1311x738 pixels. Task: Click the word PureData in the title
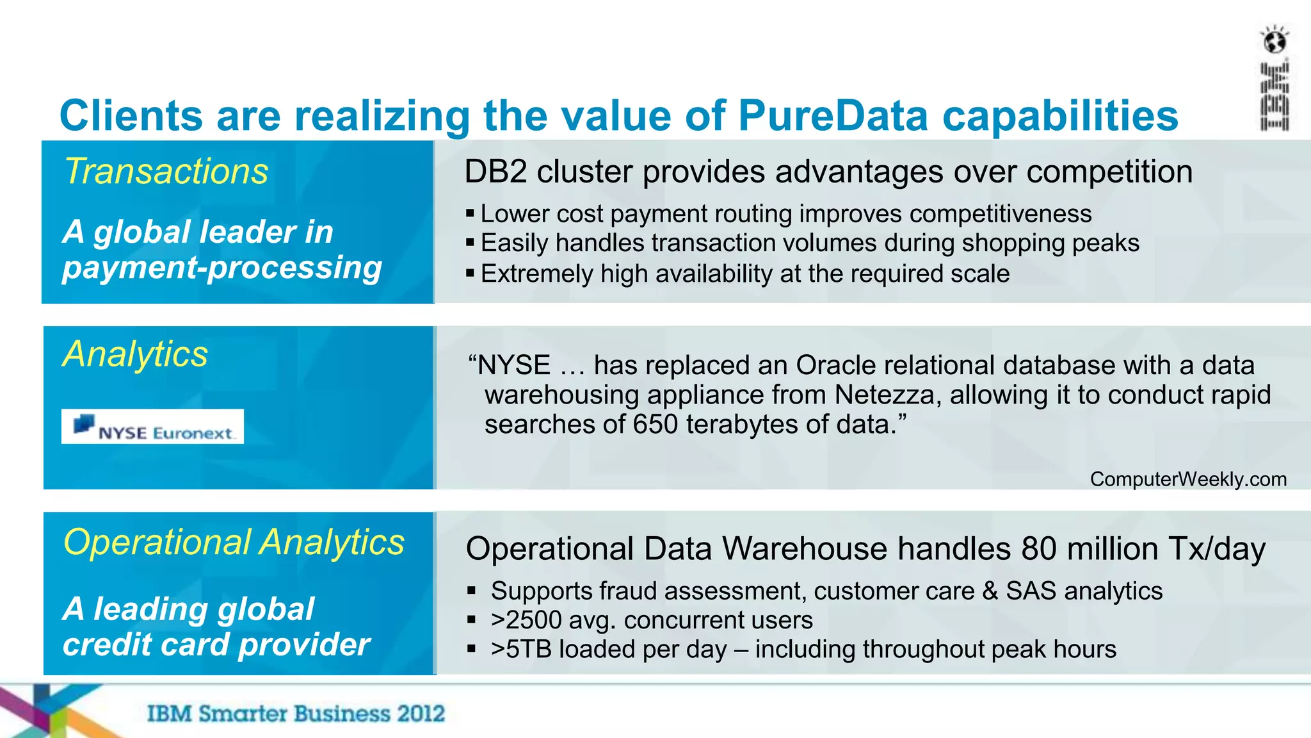[x=833, y=116]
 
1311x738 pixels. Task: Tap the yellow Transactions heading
[x=166, y=172]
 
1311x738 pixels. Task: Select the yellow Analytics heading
[x=135, y=354]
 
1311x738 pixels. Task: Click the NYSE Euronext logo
[x=152, y=427]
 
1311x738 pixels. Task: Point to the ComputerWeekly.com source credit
[x=1188, y=479]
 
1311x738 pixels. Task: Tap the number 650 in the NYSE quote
[x=655, y=424]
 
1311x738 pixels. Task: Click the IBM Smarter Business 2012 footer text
[x=296, y=714]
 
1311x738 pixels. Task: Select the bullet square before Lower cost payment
[x=471, y=213]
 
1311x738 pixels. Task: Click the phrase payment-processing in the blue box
[x=222, y=267]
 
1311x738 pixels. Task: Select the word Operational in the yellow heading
[x=157, y=542]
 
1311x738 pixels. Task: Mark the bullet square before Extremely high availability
[x=471, y=274]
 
